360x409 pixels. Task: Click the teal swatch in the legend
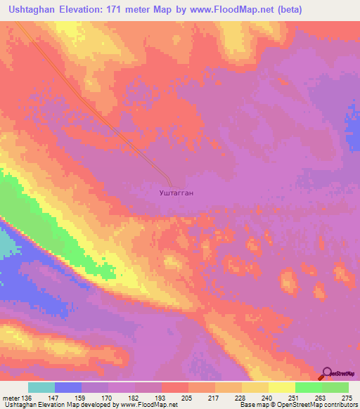click(x=41, y=387)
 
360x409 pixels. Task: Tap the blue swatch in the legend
click(x=68, y=387)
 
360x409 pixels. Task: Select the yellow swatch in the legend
click(x=282, y=387)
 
